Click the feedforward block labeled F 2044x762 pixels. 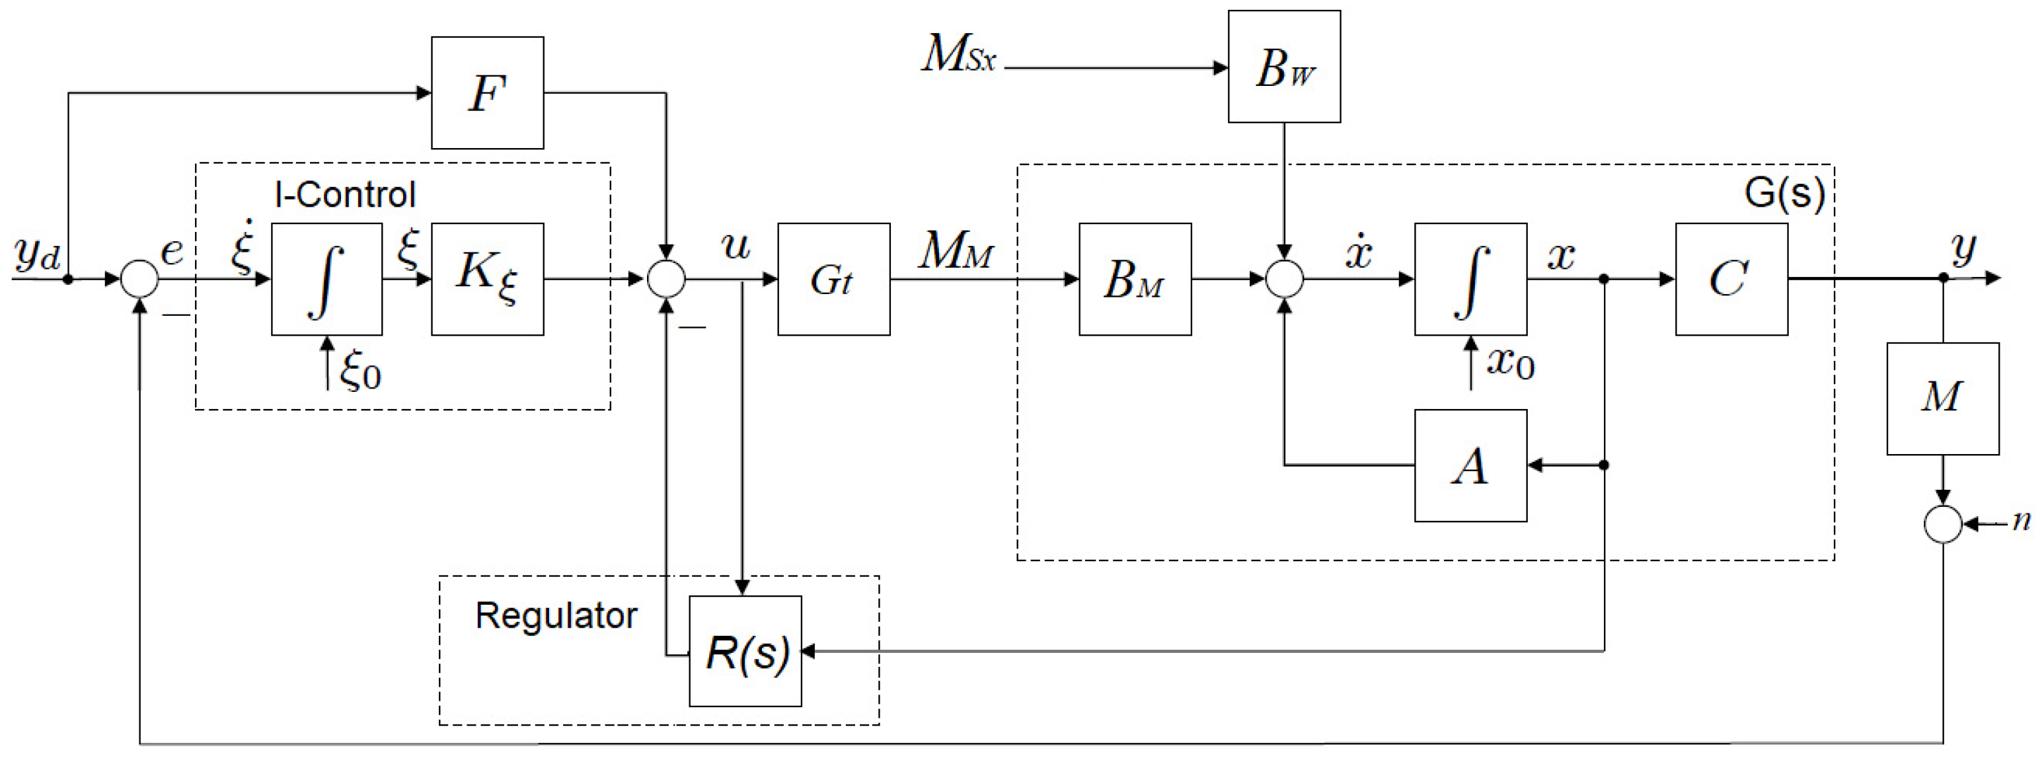487,93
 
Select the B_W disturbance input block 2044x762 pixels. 1284,67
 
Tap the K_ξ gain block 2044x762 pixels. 487,279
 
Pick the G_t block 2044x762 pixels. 833,279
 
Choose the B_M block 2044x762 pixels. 1135,279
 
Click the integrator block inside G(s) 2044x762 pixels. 1470,279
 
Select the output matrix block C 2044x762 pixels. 1731,279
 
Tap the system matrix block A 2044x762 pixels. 1470,465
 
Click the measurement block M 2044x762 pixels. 1942,399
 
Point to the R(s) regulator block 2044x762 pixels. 745,651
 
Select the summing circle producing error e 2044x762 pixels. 139,280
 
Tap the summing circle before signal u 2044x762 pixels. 667,280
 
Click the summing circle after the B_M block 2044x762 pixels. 1284,280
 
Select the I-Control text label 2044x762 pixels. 345,194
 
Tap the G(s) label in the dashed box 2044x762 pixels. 1784,192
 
